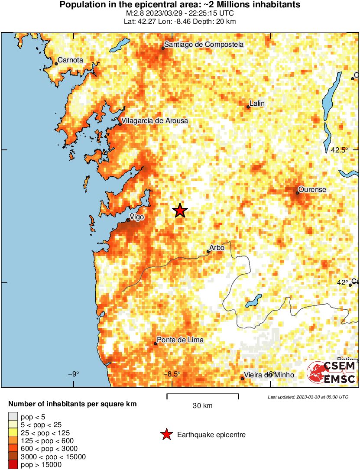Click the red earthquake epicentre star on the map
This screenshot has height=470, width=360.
point(180,211)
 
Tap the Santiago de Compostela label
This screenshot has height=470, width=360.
point(204,44)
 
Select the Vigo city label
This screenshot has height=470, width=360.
point(137,217)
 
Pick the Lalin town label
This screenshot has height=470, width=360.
point(257,103)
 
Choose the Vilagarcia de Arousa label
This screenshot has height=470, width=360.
point(155,121)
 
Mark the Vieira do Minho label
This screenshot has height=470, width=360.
point(269,375)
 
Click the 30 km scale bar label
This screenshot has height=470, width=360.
point(202,406)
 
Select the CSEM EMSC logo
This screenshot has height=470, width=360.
point(331,373)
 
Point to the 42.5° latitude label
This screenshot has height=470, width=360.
point(340,150)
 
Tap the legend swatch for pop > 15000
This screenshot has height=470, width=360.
point(13,465)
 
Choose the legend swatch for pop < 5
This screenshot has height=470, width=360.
point(13,417)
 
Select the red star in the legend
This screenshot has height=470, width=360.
point(166,434)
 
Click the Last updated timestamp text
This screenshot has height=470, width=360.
point(308,397)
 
